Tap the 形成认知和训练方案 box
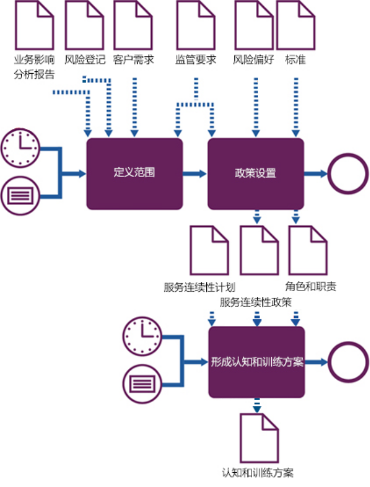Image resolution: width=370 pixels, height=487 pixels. click(x=257, y=362)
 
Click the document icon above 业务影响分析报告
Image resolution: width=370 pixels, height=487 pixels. click(x=35, y=24)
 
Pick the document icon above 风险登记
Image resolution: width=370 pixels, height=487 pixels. click(x=84, y=24)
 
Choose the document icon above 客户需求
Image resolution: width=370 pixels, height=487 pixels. click(x=133, y=24)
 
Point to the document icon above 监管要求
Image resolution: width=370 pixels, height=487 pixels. click(x=196, y=24)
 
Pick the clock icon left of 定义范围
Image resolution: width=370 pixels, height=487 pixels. click(x=20, y=146)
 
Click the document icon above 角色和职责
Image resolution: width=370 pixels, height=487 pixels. click(x=308, y=249)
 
